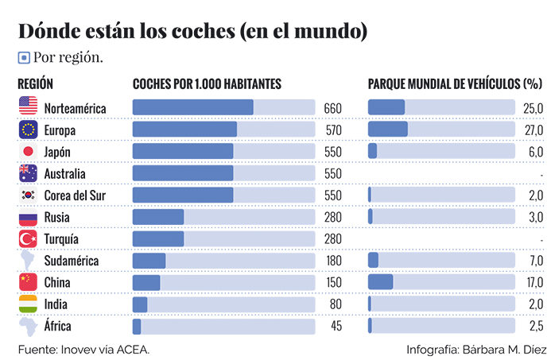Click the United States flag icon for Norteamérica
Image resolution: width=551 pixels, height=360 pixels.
pos(28,106)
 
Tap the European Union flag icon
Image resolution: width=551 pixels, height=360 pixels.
pos(28,129)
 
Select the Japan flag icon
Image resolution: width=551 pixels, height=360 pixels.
pos(28,151)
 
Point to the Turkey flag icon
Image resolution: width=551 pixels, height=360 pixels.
pos(28,238)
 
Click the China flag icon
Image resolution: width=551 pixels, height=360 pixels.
pos(28,282)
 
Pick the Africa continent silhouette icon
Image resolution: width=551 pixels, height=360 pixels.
pos(28,326)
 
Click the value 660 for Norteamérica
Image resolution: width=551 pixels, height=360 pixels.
pos(332,108)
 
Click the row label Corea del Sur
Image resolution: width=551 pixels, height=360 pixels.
pos(75,195)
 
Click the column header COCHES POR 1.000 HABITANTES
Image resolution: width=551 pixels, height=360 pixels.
pos(207,83)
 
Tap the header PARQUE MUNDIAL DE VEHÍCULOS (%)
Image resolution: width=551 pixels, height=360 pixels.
pos(454,83)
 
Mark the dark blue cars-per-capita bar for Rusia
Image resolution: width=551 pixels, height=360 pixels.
pos(157,217)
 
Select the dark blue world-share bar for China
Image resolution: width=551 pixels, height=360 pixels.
pos(381,282)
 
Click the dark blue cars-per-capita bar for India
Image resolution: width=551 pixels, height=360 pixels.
pos(140,304)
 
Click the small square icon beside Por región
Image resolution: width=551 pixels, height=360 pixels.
pos(24,57)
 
